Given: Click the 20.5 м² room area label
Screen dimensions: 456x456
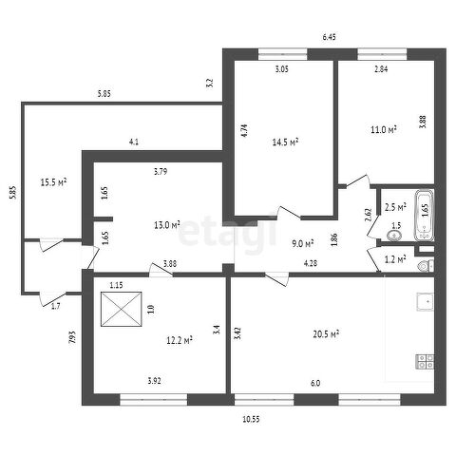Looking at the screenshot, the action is [326, 334].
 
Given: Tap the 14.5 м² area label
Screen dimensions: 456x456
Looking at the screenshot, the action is [286, 142].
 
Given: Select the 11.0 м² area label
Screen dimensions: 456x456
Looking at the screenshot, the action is [384, 129].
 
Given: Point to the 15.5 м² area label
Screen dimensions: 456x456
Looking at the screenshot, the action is [53, 182].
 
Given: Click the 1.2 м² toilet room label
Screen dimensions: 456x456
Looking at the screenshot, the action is [395, 259].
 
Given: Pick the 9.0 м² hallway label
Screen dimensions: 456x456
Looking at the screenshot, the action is [302, 243].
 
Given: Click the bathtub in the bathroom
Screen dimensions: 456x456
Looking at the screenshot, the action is [425, 216].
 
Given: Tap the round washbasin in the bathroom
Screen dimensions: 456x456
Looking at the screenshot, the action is [394, 236].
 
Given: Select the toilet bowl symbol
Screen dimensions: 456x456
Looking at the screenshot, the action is [426, 266].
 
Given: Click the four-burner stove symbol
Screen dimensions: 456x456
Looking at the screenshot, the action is [425, 362].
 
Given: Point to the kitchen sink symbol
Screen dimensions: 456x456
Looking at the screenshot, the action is [425, 302].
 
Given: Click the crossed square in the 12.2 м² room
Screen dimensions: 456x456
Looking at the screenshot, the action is [122, 309].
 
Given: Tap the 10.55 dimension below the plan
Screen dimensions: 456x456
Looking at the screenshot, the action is [251, 419].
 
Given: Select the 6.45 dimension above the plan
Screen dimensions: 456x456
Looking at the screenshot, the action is [329, 37].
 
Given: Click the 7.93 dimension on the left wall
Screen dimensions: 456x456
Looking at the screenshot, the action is [72, 337].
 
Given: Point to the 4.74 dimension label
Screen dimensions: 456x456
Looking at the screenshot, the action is [244, 130].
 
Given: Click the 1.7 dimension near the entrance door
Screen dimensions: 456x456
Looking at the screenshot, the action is [56, 306].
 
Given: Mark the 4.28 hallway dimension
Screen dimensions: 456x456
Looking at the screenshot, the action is [311, 263].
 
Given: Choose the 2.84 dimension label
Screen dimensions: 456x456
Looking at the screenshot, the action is [381, 69].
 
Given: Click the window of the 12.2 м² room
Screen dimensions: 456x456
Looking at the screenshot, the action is [154, 400].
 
